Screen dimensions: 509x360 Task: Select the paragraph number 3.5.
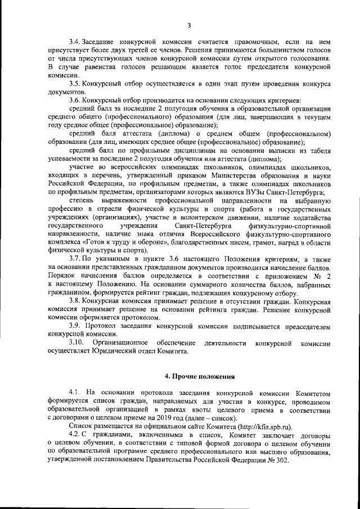pyautogui.click(x=74, y=83)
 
